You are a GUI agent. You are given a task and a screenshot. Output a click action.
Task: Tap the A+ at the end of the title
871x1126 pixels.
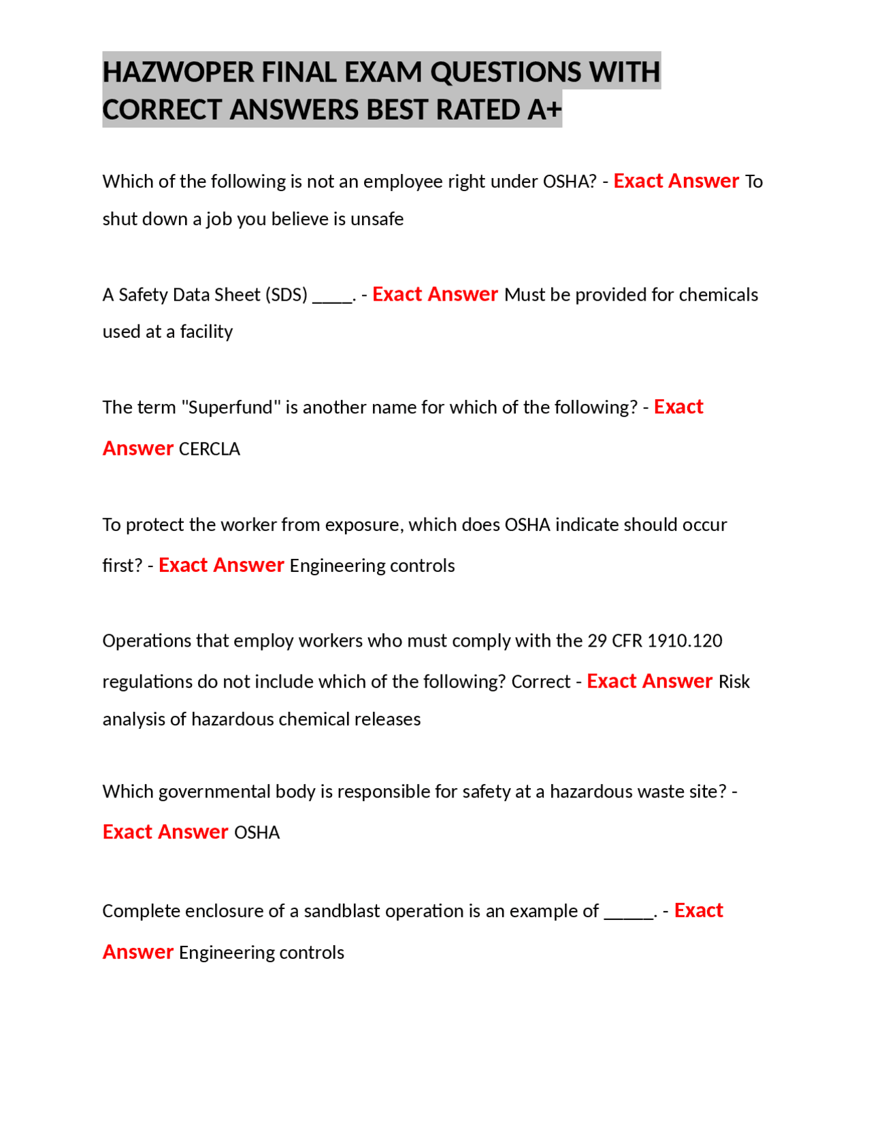(x=544, y=109)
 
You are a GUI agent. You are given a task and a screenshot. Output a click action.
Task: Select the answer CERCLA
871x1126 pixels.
(x=210, y=449)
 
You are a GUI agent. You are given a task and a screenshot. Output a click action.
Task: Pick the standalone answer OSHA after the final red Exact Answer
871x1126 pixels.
(x=257, y=833)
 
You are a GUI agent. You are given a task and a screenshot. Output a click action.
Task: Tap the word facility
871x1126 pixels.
(x=206, y=332)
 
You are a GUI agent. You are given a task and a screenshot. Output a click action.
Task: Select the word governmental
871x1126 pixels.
(x=214, y=791)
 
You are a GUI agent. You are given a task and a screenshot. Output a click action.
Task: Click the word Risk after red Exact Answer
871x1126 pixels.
(x=734, y=682)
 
